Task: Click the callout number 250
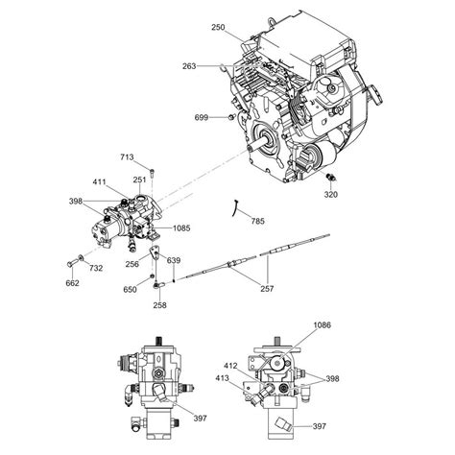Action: (x=218, y=30)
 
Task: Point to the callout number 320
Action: (x=330, y=194)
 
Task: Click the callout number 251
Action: (x=140, y=179)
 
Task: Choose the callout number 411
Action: (x=100, y=180)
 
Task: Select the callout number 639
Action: (x=174, y=260)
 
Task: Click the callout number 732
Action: (x=96, y=270)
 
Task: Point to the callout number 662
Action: (x=72, y=283)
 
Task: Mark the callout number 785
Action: (x=257, y=222)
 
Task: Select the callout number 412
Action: (x=230, y=365)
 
